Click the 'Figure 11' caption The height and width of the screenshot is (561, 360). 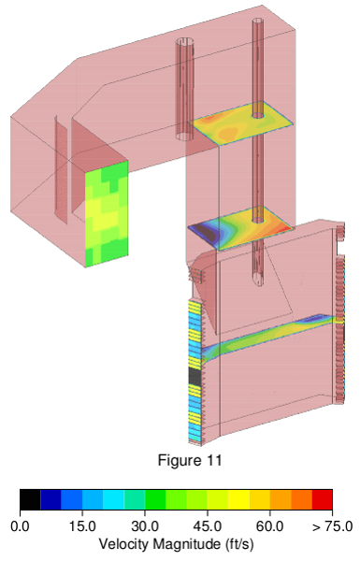[x=190, y=460]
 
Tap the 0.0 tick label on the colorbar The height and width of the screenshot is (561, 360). [x=20, y=526]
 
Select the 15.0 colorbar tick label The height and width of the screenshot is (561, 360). [x=82, y=526]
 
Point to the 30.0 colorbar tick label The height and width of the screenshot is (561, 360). [x=145, y=526]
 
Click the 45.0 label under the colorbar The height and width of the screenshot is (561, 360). [x=208, y=526]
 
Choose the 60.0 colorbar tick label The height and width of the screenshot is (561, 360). [x=270, y=526]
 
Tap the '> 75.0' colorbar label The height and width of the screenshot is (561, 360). [x=332, y=526]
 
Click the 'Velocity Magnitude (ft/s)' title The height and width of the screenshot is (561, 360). [x=176, y=544]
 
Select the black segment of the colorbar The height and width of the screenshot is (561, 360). [x=30, y=499]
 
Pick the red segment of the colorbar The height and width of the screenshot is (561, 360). [x=322, y=499]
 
